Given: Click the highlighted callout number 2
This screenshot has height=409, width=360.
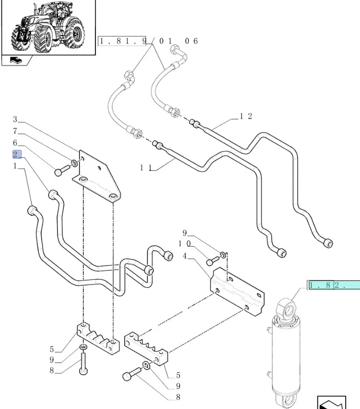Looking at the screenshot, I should (x=15, y=154).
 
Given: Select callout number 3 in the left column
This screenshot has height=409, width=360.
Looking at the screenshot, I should (x=15, y=119).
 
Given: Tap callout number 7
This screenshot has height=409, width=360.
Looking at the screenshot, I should (x=15, y=132).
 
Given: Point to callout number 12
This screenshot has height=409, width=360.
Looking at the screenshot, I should (x=246, y=116).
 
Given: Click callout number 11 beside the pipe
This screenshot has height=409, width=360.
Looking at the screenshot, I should (x=145, y=168).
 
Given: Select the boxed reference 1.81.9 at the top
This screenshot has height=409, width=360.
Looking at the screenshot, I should (x=124, y=41).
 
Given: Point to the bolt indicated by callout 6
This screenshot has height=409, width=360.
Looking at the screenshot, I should (x=59, y=172).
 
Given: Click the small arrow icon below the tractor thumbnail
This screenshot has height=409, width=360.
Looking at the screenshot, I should (x=16, y=61).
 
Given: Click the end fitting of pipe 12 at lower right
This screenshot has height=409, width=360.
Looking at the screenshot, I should (x=327, y=243).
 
